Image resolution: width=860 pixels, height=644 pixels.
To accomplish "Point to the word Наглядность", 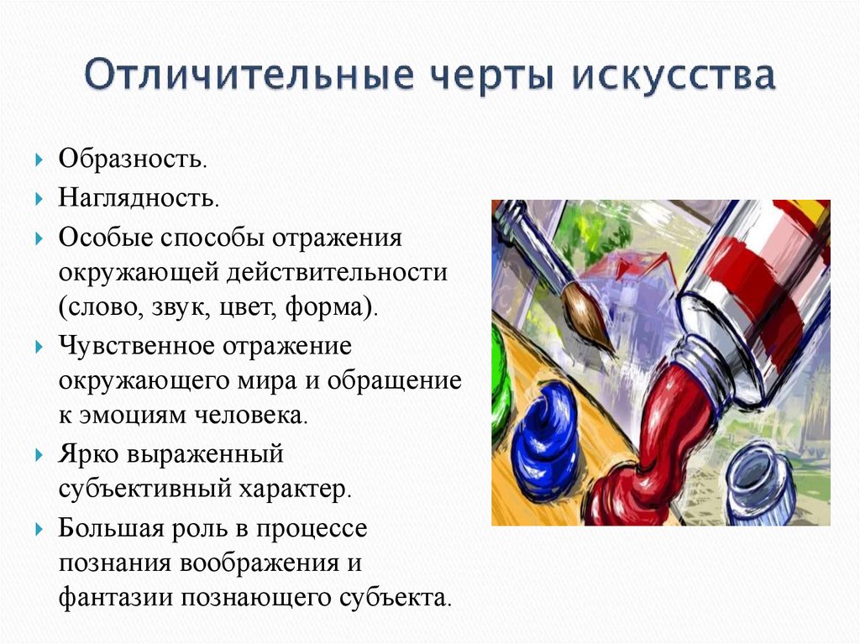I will pyautogui.click(x=139, y=199).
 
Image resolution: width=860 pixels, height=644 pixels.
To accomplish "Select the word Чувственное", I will pyautogui.click(x=134, y=346).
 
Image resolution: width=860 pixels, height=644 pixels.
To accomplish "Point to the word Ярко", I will pyautogui.click(x=88, y=454).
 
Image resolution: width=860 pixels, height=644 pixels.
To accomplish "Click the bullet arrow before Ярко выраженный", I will pyautogui.click(x=39, y=455).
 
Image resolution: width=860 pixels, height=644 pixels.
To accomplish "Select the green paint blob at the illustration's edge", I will pyautogui.click(x=500, y=386).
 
